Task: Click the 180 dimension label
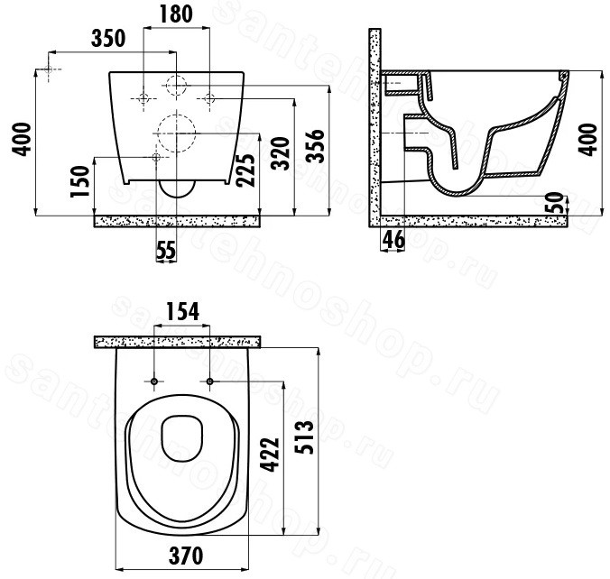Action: [176, 14]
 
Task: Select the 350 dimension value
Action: [108, 38]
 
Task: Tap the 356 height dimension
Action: [316, 145]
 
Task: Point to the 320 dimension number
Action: [281, 153]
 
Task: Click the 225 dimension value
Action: [245, 170]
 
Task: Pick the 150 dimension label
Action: [80, 181]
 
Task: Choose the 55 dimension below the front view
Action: [166, 250]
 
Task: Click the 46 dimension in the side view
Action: [393, 240]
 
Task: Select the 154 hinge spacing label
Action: [182, 311]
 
